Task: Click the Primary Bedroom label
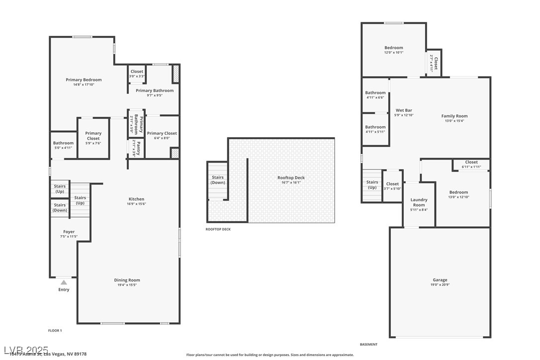84,80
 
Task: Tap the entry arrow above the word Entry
64,282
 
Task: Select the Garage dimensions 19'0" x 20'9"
440,285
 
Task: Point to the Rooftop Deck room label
291,178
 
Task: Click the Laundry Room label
419,202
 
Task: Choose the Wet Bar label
404,110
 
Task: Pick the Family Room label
454,116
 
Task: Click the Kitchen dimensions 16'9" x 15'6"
136,204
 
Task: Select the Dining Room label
127,280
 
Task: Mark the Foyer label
69,232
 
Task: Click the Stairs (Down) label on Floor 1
60,207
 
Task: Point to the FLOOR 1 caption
55,331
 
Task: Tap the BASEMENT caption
368,345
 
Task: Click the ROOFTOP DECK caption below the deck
218,229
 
